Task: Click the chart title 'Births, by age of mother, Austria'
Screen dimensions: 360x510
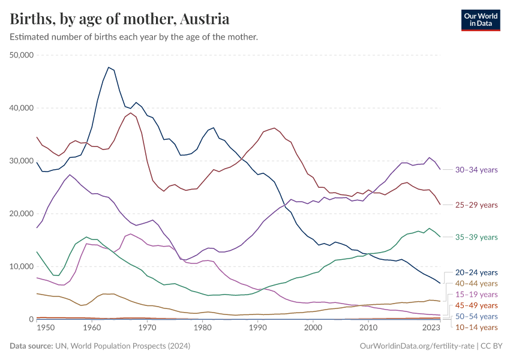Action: tap(119, 19)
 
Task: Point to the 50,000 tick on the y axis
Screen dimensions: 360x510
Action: tap(22, 55)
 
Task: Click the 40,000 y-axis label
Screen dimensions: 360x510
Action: tap(22, 108)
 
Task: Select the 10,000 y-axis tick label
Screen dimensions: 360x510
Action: tap(22, 266)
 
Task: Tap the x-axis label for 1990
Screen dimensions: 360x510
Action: tap(257, 328)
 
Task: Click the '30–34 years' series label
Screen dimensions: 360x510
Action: tap(477, 170)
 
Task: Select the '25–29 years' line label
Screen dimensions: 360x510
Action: tap(477, 205)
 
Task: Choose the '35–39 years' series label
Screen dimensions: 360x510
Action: tap(477, 237)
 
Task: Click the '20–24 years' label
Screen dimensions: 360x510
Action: tap(477, 272)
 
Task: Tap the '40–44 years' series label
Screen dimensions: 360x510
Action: tap(477, 283)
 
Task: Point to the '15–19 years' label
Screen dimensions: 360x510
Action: tap(477, 295)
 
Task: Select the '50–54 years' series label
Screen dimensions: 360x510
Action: tap(477, 316)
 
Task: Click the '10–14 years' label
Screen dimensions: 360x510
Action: tap(477, 327)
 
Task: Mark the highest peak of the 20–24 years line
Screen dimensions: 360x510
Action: tap(109, 67)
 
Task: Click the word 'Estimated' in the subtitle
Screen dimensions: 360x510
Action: tap(29, 37)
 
